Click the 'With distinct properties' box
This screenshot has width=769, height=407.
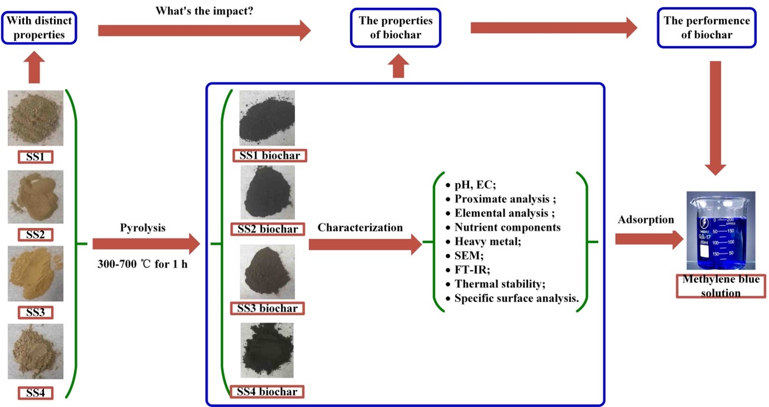click(39, 28)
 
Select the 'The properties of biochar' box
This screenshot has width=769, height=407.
click(396, 28)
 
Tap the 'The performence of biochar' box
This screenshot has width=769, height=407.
click(707, 28)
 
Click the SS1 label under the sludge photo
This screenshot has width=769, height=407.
click(35, 157)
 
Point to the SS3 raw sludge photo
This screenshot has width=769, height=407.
click(35, 274)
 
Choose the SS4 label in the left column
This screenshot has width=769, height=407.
click(35, 393)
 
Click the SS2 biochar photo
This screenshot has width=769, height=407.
click(267, 193)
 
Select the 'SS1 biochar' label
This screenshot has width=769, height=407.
click(270, 155)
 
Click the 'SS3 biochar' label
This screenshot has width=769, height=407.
click(267, 308)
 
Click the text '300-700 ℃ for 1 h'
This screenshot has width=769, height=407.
click(143, 264)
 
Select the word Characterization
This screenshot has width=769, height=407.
click(360, 227)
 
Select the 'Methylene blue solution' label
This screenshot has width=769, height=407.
click(721, 286)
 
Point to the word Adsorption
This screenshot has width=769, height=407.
click(646, 220)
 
